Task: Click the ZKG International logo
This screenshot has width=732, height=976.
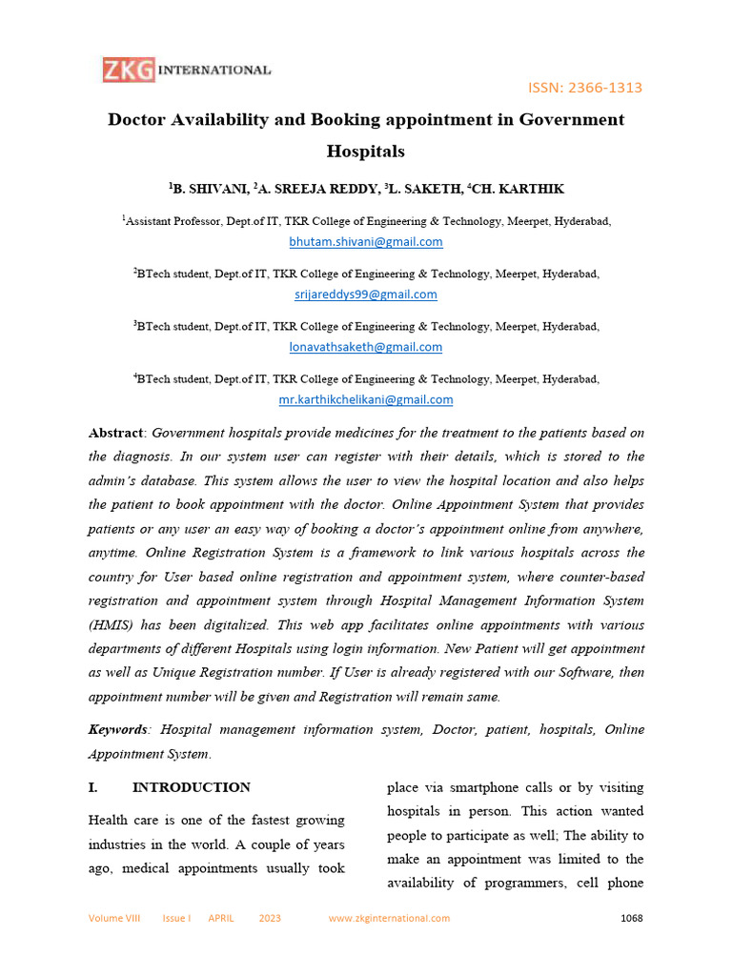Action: coord(187,71)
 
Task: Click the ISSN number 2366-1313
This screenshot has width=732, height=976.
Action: coord(585,88)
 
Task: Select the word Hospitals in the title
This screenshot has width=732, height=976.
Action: coord(366,151)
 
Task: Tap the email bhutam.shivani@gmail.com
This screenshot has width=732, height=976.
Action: coord(366,242)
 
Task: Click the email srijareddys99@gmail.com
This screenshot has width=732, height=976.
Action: coord(366,295)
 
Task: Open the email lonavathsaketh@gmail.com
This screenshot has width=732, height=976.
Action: coord(366,347)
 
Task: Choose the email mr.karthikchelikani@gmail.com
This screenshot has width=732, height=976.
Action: coord(366,399)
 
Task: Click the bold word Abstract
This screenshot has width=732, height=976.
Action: coord(116,433)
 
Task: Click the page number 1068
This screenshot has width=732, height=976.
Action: coord(631,919)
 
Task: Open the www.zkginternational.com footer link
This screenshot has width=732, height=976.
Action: coord(389,919)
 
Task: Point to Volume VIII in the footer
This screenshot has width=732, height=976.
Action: coord(114,919)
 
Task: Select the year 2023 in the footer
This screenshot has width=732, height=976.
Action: coord(270,919)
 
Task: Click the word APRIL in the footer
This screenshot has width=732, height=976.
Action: coord(222,919)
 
